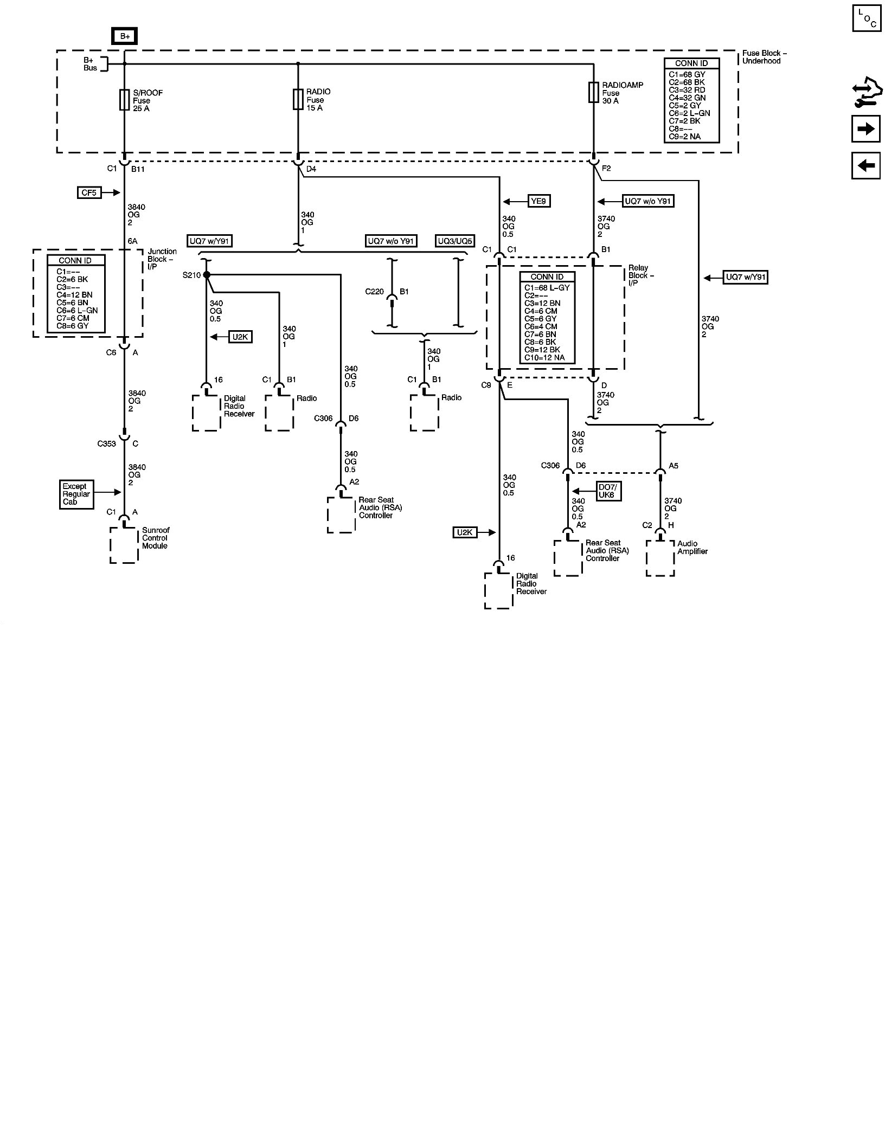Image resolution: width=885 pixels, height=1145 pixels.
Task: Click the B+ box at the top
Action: tap(125, 36)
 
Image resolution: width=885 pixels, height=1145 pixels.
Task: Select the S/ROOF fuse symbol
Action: tap(124, 100)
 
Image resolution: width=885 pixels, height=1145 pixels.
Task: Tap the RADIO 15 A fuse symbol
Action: tap(298, 100)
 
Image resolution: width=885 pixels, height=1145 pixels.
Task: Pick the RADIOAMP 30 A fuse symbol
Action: tap(594, 93)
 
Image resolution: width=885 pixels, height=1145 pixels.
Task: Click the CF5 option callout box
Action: tap(89, 192)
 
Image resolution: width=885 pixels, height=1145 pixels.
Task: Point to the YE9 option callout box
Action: tap(539, 201)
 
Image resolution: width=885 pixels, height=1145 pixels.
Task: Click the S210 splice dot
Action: tap(206, 275)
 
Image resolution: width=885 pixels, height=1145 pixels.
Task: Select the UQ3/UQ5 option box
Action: tap(455, 241)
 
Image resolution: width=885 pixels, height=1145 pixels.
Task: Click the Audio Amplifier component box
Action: tap(660, 558)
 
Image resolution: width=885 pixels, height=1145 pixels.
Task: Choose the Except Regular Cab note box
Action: tap(76, 494)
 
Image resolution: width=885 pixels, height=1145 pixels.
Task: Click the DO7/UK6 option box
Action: tap(608, 491)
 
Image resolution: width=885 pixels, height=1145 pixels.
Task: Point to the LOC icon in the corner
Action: tap(866, 18)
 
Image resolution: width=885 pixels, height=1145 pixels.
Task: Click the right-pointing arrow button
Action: tap(865, 129)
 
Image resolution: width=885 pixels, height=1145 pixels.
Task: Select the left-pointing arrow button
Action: tap(865, 165)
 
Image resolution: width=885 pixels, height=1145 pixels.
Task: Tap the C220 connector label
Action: tap(374, 291)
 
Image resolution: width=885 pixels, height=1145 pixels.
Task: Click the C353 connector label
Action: tap(107, 443)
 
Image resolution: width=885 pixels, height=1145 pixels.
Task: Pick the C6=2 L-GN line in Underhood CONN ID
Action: tap(689, 113)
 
